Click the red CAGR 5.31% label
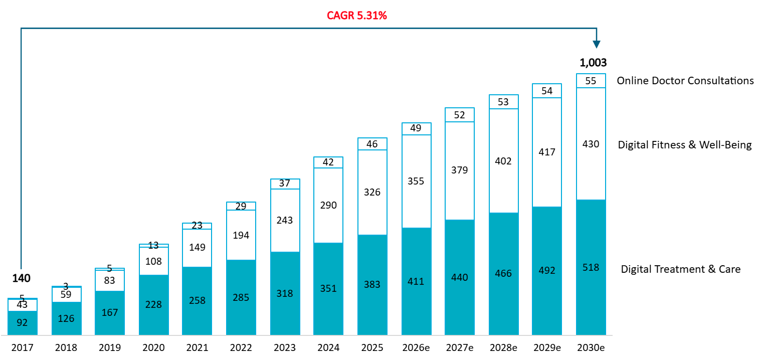coord(357,16)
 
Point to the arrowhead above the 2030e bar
coord(596,45)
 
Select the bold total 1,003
coord(593,63)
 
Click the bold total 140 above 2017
coord(22,279)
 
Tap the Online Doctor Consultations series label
coord(685,81)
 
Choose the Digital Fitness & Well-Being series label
coord(685,145)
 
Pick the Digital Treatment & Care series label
coord(680,269)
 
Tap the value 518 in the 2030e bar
coord(591,267)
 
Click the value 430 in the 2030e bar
coord(591,143)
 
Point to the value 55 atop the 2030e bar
coord(591,81)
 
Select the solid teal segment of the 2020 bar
coord(153,304)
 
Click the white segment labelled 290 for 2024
coord(328,205)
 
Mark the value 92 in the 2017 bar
coord(22,322)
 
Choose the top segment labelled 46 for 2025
coord(372,144)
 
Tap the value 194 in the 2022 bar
coord(241,235)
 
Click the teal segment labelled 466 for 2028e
coord(503,273)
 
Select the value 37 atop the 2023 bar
coord(285,184)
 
